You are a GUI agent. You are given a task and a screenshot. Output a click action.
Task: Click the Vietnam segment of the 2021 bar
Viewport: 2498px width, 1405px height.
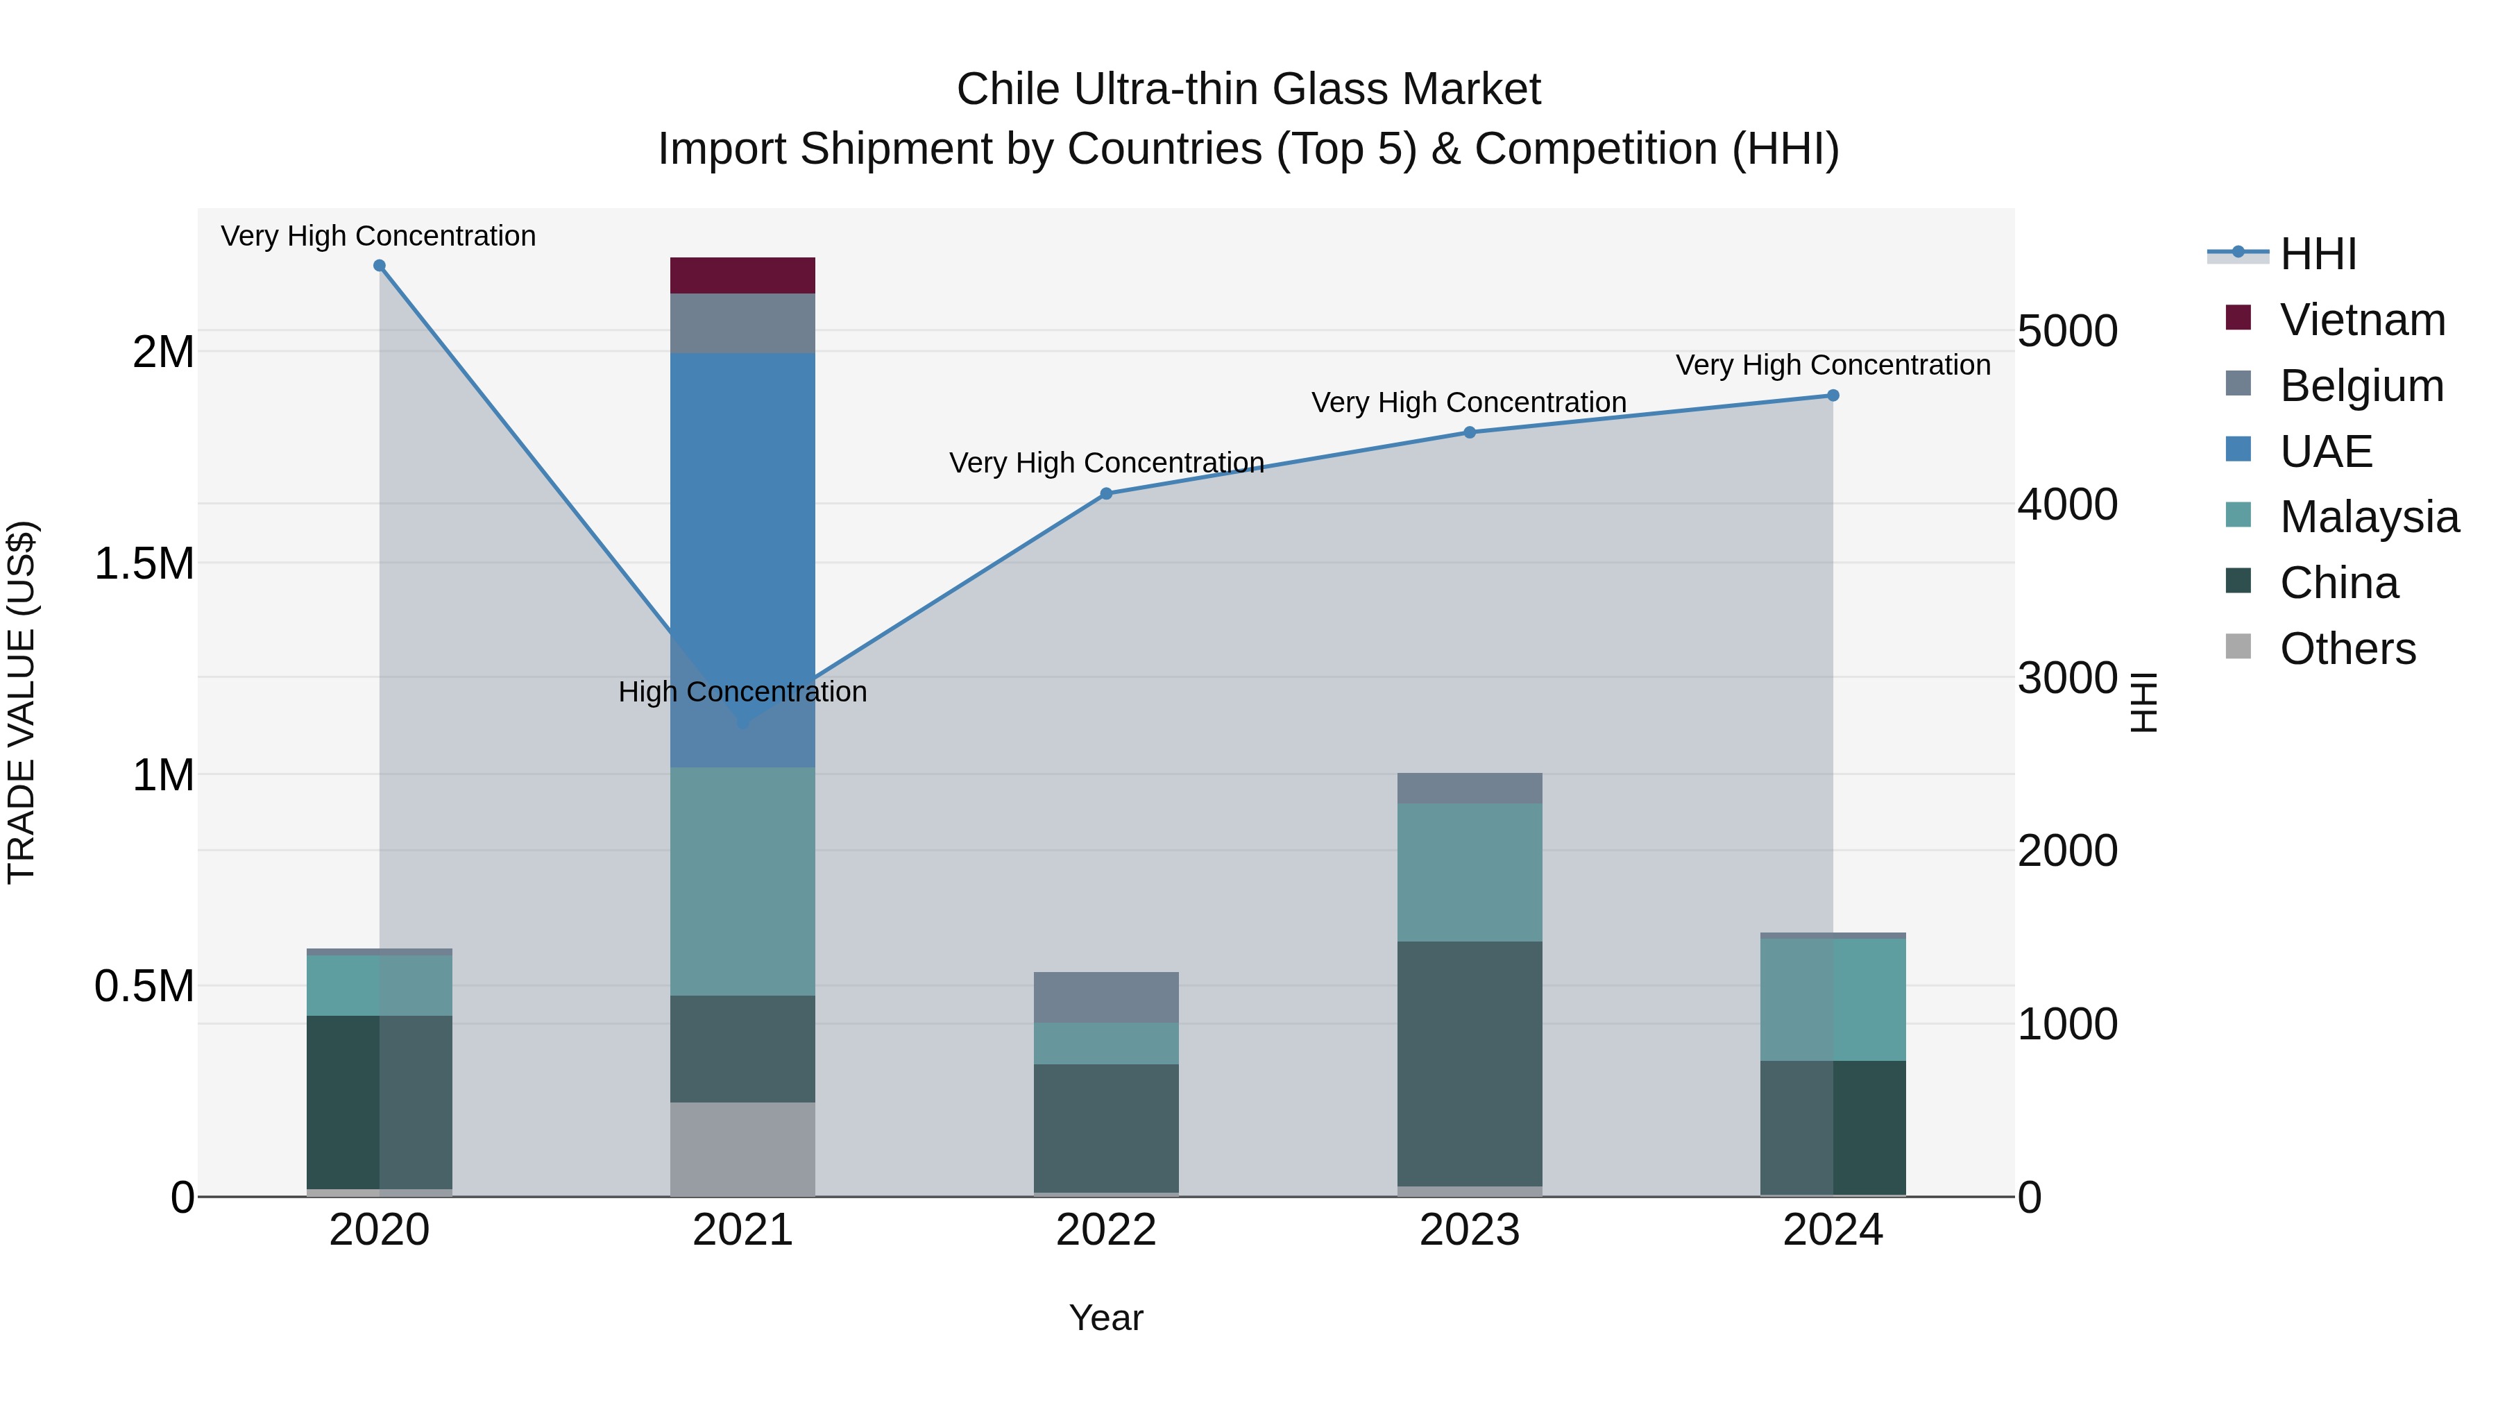pos(742,275)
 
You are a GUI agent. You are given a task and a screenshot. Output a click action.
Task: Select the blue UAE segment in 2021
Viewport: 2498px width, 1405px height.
pos(742,504)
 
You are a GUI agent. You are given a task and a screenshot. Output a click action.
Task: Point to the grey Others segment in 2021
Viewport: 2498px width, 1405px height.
pos(742,1149)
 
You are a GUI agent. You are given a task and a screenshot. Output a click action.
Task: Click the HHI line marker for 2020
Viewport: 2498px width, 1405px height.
pos(379,266)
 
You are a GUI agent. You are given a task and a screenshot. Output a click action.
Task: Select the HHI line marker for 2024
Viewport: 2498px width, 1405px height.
pos(1833,395)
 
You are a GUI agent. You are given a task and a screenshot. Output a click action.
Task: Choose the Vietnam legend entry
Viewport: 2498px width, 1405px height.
pos(2362,320)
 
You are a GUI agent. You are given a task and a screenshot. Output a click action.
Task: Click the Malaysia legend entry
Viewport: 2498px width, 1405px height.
pos(2368,517)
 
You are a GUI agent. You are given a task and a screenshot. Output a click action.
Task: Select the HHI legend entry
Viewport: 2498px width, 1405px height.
pos(2318,254)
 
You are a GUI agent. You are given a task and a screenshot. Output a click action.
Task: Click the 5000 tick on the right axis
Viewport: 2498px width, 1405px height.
pos(2068,332)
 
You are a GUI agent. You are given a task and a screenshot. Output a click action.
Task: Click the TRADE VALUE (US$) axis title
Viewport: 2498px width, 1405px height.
pos(22,702)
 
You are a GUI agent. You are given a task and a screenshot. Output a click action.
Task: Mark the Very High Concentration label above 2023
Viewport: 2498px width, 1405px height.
pos(1468,402)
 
